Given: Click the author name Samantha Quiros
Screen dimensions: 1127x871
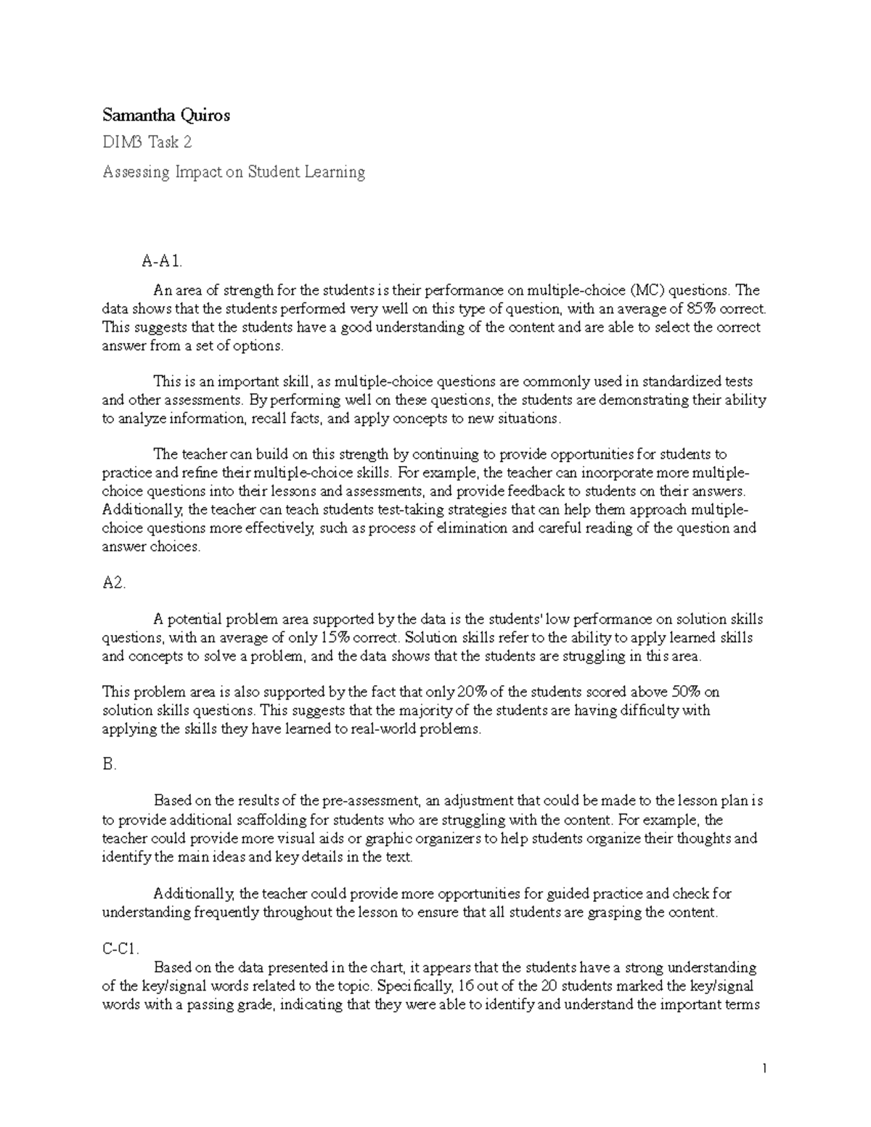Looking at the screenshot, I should click(166, 115).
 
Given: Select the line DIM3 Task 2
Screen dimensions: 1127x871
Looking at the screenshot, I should click(147, 143).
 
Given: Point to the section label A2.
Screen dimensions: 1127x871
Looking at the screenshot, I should click(114, 583).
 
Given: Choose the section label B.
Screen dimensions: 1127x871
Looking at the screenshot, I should click(110, 764).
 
